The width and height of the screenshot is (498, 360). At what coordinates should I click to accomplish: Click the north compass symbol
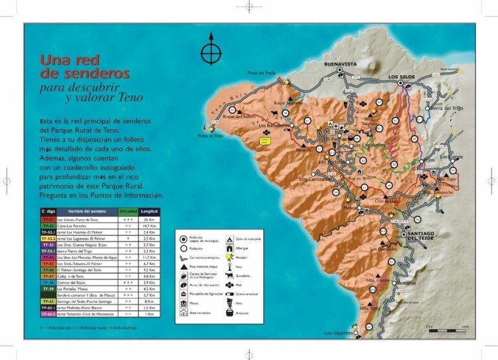[x=211, y=51]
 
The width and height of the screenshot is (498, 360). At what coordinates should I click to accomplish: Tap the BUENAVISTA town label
[x=341, y=64]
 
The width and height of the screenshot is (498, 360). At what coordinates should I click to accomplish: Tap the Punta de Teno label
[x=211, y=136]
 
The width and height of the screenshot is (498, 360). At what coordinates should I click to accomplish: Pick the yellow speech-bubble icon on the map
[x=265, y=140]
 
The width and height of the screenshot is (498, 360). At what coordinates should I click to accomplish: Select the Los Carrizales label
[x=315, y=179]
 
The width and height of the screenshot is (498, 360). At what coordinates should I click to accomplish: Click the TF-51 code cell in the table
[x=47, y=221]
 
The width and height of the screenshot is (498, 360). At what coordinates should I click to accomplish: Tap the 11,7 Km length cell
[x=148, y=258]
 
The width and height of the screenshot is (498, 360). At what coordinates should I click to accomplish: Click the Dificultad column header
[x=128, y=211]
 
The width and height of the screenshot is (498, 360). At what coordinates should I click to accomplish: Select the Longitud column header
[x=149, y=211]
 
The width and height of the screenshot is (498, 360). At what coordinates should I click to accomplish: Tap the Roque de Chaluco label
[x=237, y=117]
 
